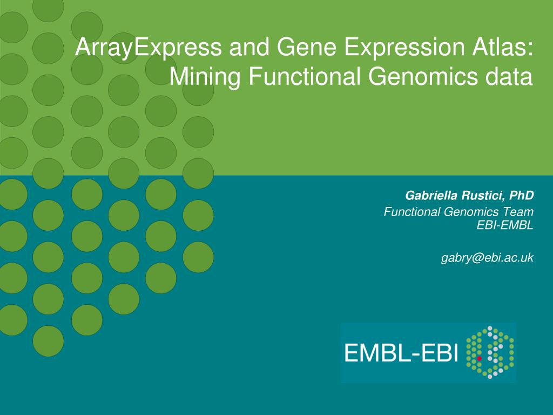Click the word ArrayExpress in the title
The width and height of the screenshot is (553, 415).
(149, 48)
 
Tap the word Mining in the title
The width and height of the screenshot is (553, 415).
(205, 77)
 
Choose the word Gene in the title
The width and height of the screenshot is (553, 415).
(307, 47)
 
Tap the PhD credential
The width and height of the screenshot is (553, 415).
(522, 195)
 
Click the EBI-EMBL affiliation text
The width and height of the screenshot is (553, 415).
(505, 225)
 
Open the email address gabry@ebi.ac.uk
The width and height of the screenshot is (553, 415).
(488, 258)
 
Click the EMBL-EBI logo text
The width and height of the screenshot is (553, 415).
(401, 353)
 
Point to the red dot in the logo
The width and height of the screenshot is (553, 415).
(480, 358)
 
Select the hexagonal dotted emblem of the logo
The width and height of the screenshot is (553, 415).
(490, 352)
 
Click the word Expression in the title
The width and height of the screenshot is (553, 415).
(404, 48)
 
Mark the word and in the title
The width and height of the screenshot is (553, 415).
(249, 47)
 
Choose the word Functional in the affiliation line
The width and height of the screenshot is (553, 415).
(412, 212)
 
